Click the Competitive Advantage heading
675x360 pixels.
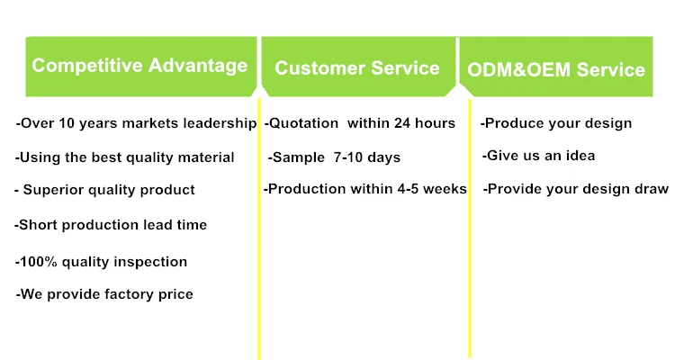pyautogui.click(x=139, y=66)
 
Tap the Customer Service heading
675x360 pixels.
pyautogui.click(x=357, y=68)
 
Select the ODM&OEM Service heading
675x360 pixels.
pyautogui.click(x=556, y=69)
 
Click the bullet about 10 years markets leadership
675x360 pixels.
pyautogui.click(x=137, y=123)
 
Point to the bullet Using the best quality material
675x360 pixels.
pyautogui.click(x=125, y=157)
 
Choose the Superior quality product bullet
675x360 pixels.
pyautogui.click(x=104, y=190)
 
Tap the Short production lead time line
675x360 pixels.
pyautogui.click(x=111, y=225)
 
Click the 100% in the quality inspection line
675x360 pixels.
pyautogui.click(x=39, y=261)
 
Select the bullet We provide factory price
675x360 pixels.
pyautogui.click(x=104, y=294)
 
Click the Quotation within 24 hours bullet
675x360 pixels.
pyautogui.click(x=360, y=123)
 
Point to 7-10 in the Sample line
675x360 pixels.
pyautogui.click(x=347, y=157)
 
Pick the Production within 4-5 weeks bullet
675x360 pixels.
pyautogui.click(x=365, y=189)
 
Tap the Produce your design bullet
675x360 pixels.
pyautogui.click(x=556, y=123)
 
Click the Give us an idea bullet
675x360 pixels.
pyautogui.click(x=538, y=156)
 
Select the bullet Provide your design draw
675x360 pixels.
pyautogui.click(x=576, y=189)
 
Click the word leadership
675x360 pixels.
pyautogui.click(x=220, y=123)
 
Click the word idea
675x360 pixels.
pyautogui.click(x=580, y=156)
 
